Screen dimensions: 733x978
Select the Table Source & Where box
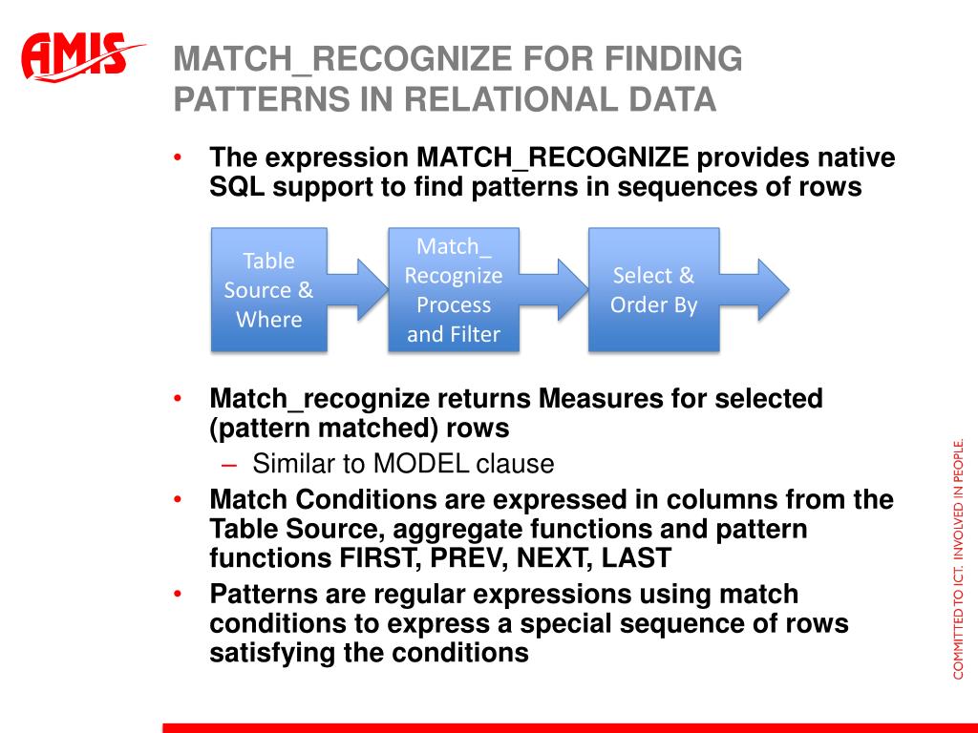[268, 289]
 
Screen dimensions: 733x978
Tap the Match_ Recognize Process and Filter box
[454, 290]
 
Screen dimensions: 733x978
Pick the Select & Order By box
[653, 290]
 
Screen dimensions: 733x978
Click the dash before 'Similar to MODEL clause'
[229, 465]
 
